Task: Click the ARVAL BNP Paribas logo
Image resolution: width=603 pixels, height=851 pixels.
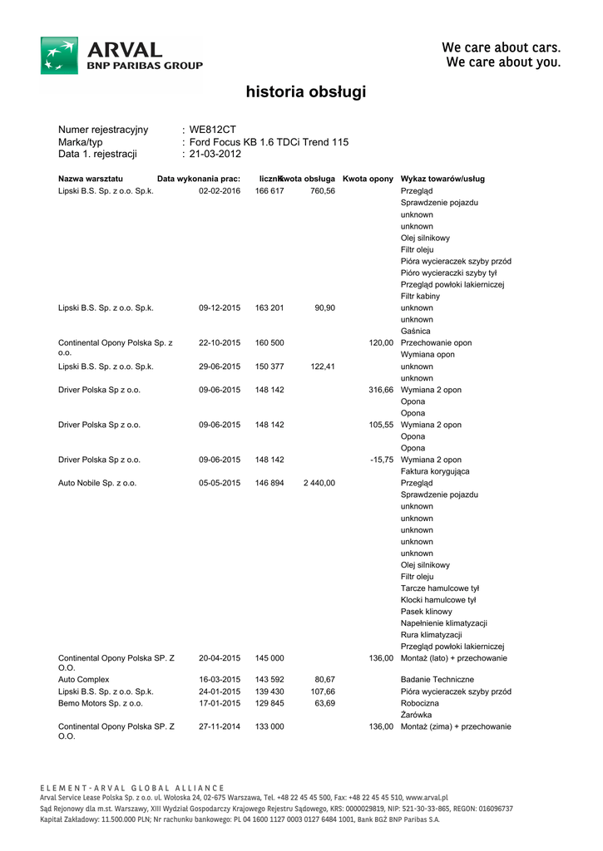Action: pyautogui.click(x=121, y=56)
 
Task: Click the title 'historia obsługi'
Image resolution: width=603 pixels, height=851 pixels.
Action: pyautogui.click(x=305, y=92)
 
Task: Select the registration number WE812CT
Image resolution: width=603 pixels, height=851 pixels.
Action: pyautogui.click(x=213, y=130)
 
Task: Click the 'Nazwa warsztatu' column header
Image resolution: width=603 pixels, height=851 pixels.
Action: pyautogui.click(x=91, y=179)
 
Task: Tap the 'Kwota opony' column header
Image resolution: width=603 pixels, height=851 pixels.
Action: pyautogui.click(x=368, y=179)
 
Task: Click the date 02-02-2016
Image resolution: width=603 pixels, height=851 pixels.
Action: pyautogui.click(x=219, y=191)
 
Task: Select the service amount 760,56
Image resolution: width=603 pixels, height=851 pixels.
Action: pyautogui.click(x=322, y=191)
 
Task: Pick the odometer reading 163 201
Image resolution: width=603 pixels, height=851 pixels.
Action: pyautogui.click(x=269, y=307)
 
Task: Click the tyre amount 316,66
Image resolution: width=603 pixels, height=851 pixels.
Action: pyautogui.click(x=381, y=390)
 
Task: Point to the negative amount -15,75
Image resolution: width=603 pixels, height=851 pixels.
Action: pyautogui.click(x=382, y=460)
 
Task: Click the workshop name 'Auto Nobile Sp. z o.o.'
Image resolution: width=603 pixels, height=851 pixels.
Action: pyautogui.click(x=97, y=483)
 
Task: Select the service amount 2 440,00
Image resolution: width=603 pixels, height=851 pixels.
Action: pyautogui.click(x=319, y=483)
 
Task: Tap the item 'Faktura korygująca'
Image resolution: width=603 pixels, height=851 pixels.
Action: pyautogui.click(x=435, y=471)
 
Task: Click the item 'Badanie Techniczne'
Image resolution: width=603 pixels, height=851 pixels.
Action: pyautogui.click(x=437, y=680)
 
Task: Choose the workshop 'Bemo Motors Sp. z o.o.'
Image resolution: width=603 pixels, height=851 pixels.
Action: pyautogui.click(x=99, y=703)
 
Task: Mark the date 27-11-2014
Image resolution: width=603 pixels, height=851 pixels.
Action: pyautogui.click(x=219, y=726)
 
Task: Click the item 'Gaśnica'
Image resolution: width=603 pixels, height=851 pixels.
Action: pyautogui.click(x=416, y=331)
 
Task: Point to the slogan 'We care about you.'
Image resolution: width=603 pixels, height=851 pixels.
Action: pyautogui.click(x=503, y=62)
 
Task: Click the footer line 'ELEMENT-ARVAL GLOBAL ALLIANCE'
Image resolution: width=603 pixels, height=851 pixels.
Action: pyautogui.click(x=132, y=788)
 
